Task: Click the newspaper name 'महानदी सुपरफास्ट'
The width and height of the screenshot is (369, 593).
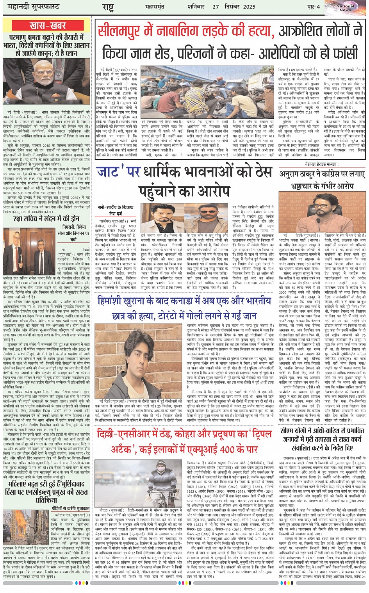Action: (x=31, y=7)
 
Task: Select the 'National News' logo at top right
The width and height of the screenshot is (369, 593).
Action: (x=346, y=8)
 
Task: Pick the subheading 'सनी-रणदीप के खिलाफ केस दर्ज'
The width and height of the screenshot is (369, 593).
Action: (x=116, y=210)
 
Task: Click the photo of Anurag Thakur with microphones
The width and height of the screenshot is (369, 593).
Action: (x=322, y=212)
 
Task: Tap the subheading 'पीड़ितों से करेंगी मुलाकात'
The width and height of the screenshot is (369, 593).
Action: (x=71, y=508)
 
